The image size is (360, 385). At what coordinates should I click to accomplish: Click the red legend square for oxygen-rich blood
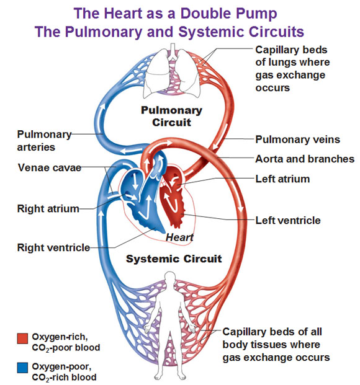point(22,338)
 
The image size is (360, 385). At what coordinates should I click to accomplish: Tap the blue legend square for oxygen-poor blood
point(22,368)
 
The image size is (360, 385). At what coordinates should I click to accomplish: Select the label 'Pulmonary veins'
point(297,139)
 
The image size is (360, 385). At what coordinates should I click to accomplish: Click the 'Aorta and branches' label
point(305,159)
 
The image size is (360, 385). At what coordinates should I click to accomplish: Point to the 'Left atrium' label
point(282,179)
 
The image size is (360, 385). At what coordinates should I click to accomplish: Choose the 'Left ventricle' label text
point(288,220)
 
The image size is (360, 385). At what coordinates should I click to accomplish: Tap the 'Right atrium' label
point(48,209)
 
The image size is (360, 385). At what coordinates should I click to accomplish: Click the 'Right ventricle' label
point(53,247)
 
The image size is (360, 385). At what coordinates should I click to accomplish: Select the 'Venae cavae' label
point(50,167)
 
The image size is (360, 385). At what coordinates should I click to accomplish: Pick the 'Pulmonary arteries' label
point(44,141)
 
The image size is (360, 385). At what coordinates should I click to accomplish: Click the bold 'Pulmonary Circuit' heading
point(171,116)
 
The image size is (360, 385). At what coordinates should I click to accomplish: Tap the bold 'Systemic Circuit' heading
point(174,259)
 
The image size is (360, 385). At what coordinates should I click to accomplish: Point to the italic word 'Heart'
point(179,237)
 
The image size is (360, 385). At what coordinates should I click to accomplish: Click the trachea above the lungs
point(173,51)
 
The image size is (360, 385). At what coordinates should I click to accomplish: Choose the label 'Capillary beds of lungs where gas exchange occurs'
point(292,68)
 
